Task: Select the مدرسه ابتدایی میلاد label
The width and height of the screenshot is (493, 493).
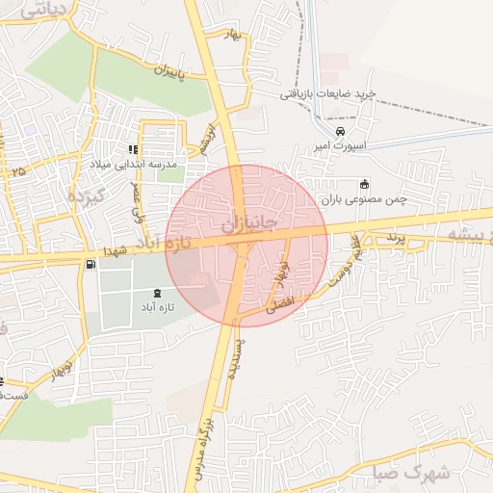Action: point(135,165)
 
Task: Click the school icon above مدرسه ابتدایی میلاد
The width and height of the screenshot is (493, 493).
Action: point(133,149)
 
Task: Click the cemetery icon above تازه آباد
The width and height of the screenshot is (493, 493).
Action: point(159,292)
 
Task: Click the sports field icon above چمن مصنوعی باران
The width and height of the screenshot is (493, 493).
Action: point(363,185)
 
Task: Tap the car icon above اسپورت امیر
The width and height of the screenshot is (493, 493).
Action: point(339,132)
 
